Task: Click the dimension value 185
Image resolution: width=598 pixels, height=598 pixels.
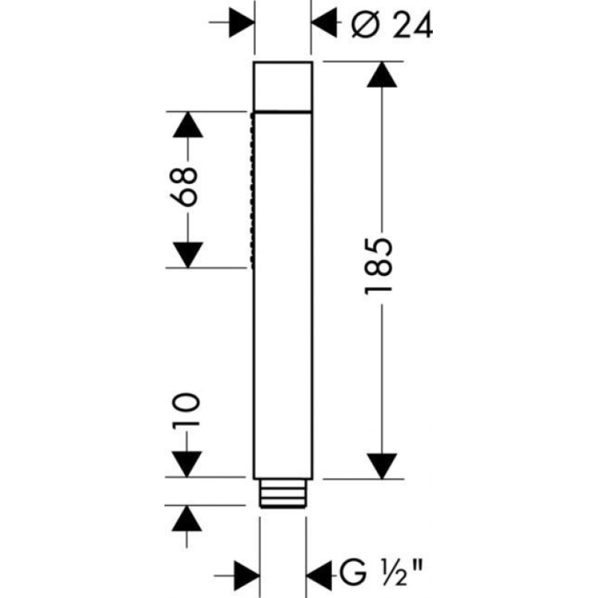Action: [379, 266]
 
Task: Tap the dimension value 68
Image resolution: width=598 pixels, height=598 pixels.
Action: [184, 186]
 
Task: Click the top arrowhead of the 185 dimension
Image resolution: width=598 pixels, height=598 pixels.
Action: [382, 74]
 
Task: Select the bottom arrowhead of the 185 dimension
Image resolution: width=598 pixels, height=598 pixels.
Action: [382, 466]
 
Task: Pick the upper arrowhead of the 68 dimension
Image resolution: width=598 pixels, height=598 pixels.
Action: [188, 125]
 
